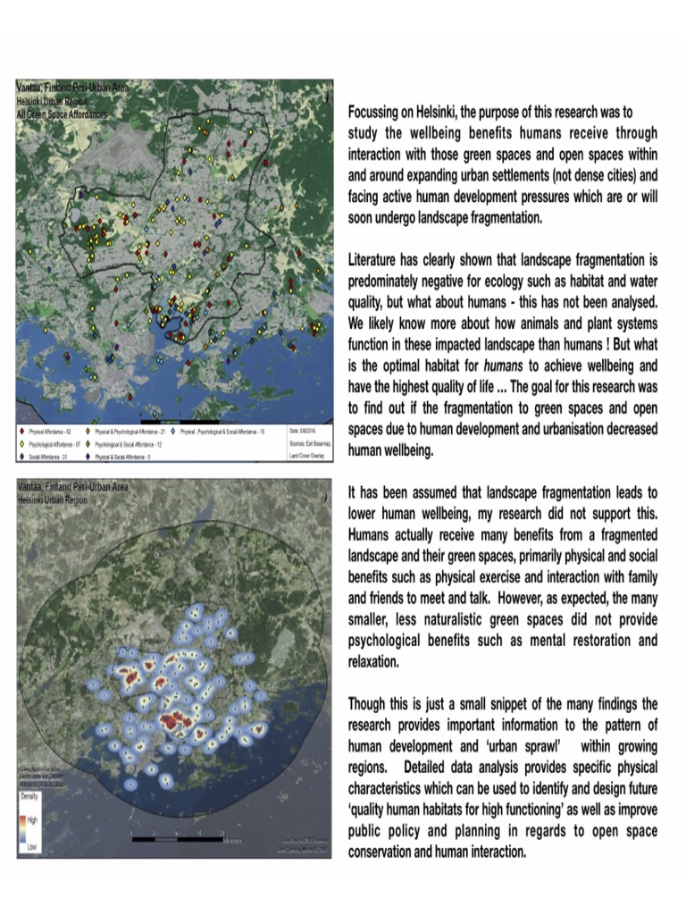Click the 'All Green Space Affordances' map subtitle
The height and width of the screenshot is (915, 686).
click(x=62, y=116)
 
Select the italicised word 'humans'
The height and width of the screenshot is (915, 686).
click(x=504, y=366)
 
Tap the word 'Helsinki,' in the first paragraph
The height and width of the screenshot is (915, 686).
click(x=452, y=113)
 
